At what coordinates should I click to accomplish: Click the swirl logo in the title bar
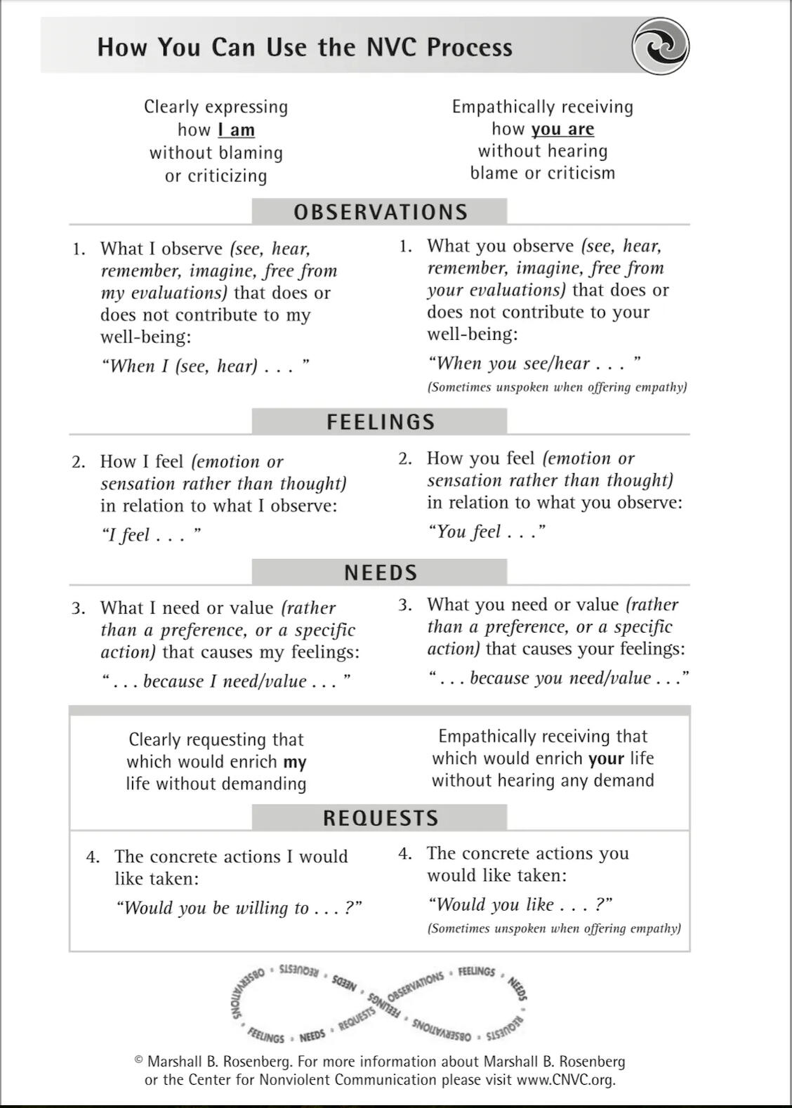[x=660, y=46]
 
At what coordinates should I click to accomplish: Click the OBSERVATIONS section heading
[x=380, y=212]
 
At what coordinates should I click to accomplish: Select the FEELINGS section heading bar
[x=380, y=421]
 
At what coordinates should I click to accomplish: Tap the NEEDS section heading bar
[x=380, y=572]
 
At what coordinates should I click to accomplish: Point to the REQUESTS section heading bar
[x=380, y=818]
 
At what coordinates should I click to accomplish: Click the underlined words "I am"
[x=236, y=130]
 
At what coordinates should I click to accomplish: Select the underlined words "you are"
[x=562, y=129]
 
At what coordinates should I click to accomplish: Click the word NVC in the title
[x=392, y=47]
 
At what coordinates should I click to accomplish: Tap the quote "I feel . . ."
[x=151, y=535]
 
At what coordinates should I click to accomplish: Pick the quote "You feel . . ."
[x=486, y=532]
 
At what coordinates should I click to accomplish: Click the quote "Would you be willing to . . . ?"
[x=239, y=908]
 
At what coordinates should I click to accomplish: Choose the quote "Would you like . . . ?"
[x=520, y=904]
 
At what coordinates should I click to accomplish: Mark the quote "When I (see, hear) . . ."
[x=205, y=366]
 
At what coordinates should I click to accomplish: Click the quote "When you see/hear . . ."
[x=534, y=363]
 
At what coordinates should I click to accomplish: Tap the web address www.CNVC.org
[x=565, y=1080]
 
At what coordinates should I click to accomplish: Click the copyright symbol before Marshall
[x=139, y=1060]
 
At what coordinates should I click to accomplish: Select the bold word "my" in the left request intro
[x=295, y=762]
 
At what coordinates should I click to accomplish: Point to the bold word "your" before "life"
[x=607, y=758]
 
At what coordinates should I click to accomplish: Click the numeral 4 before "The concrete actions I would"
[x=92, y=857]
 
